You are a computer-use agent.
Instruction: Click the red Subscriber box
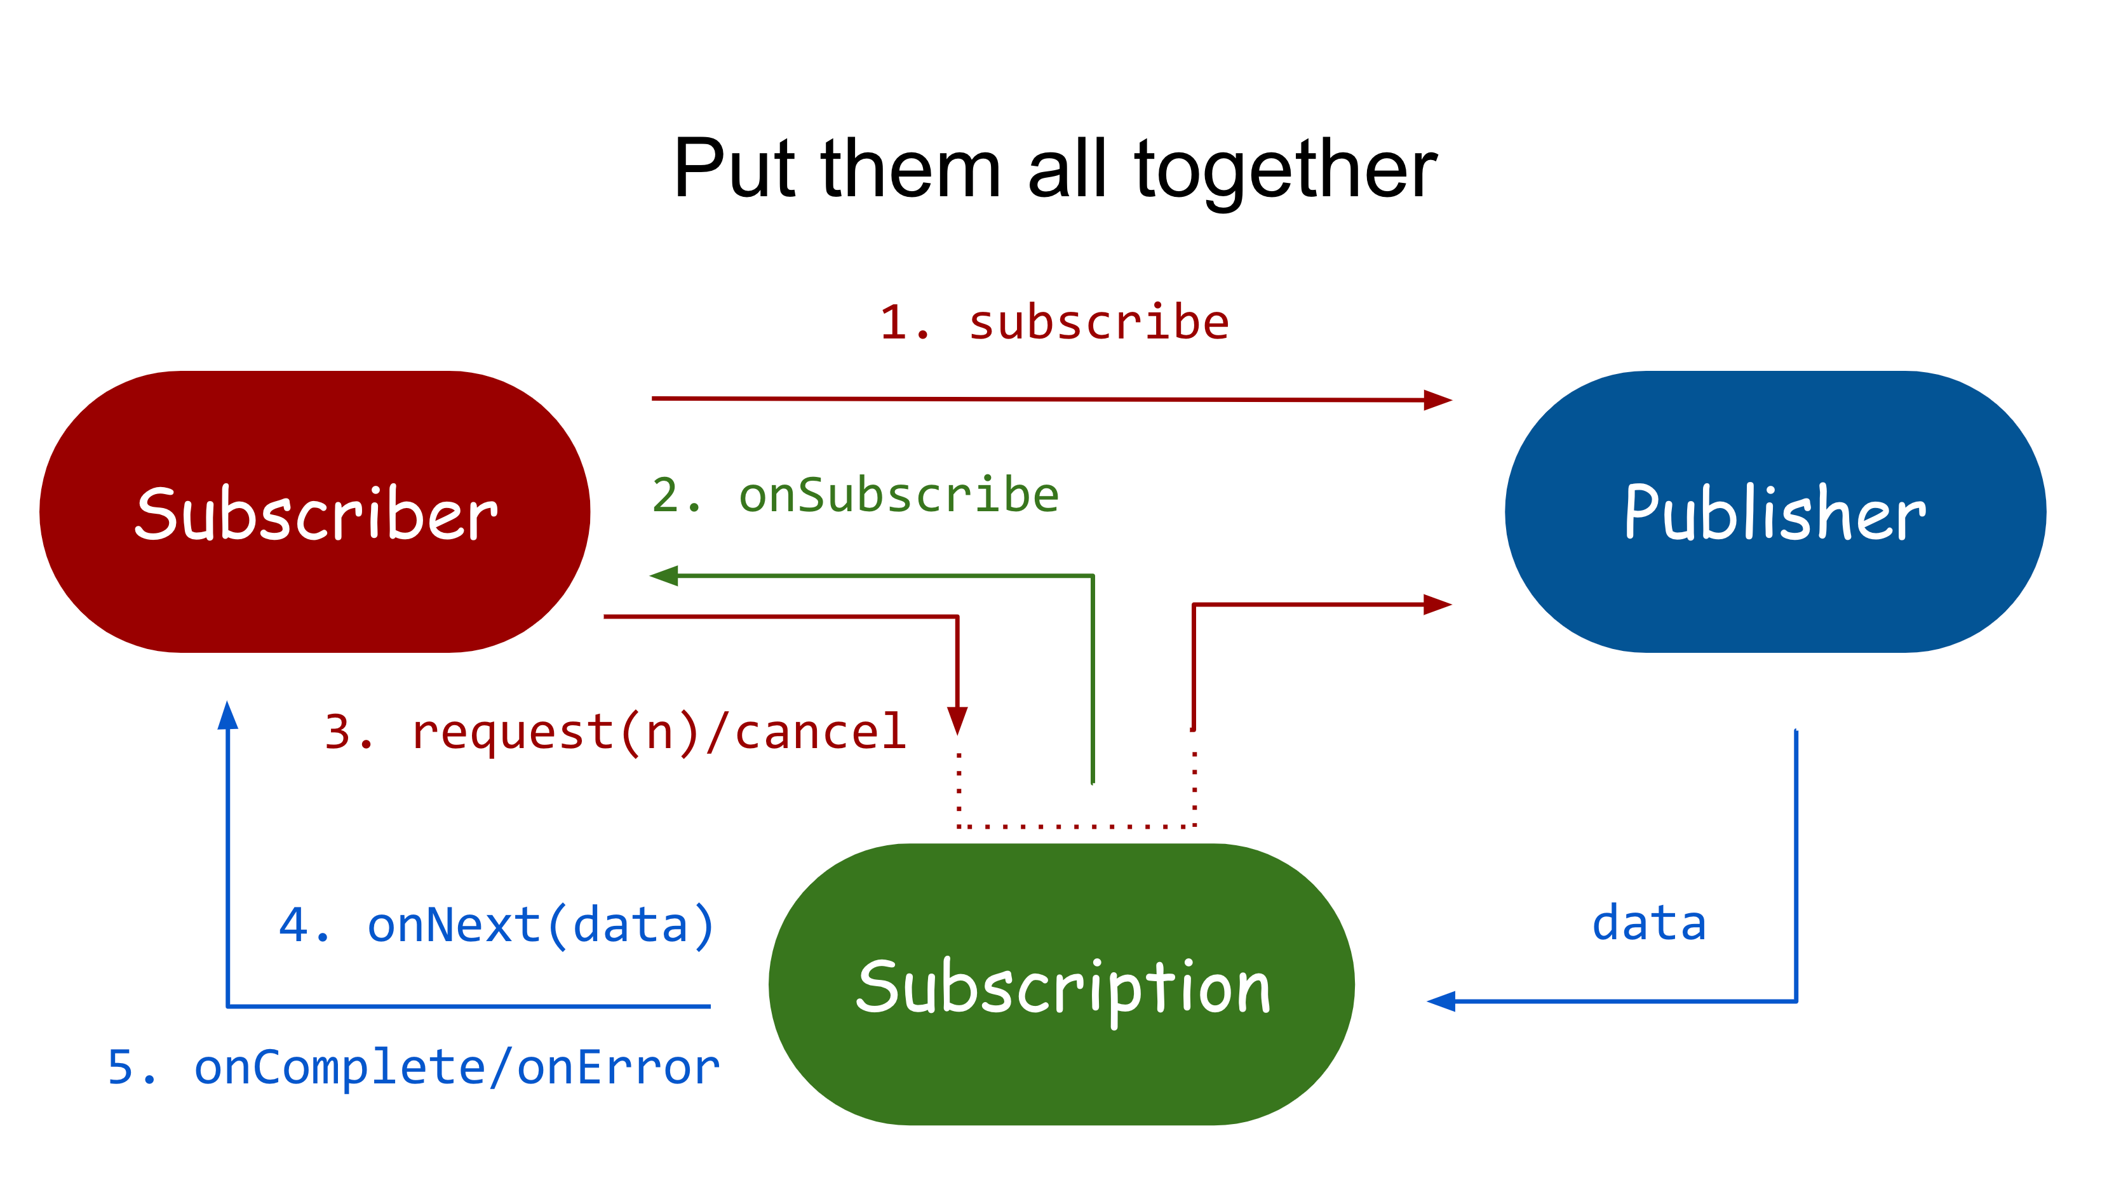[x=314, y=512]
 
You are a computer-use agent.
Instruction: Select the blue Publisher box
[x=1775, y=512]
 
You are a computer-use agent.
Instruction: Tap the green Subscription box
[x=1061, y=984]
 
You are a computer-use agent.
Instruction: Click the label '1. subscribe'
[x=1054, y=322]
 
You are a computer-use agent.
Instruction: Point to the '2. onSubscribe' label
[x=855, y=495]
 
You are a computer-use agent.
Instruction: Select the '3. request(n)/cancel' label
[x=616, y=732]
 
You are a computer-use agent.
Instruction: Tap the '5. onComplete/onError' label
[x=414, y=1067]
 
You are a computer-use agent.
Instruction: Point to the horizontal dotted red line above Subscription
[x=1077, y=826]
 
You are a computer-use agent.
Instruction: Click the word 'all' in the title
[x=1068, y=168]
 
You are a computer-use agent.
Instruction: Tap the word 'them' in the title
[x=910, y=168]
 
